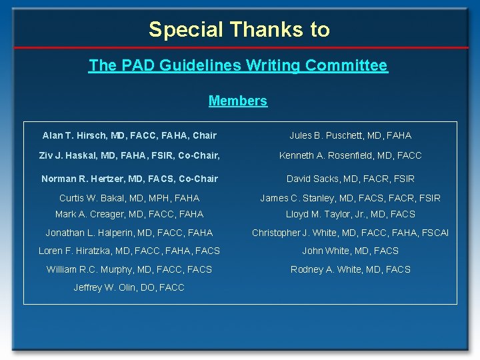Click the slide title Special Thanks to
(239, 29)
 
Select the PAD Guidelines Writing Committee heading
(238, 65)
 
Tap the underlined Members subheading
(238, 101)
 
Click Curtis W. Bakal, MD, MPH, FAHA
(129, 198)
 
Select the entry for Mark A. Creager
(129, 214)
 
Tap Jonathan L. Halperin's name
(129, 233)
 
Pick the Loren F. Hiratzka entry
(129, 251)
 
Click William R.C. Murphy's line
(129, 269)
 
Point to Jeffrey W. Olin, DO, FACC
(129, 287)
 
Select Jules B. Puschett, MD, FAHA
(350, 135)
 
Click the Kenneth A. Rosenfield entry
(350, 155)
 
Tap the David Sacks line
(350, 179)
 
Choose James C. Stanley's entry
(350, 198)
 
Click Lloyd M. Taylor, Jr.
(350, 214)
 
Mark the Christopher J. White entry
(350, 233)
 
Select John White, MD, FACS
(350, 251)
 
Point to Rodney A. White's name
(350, 269)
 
